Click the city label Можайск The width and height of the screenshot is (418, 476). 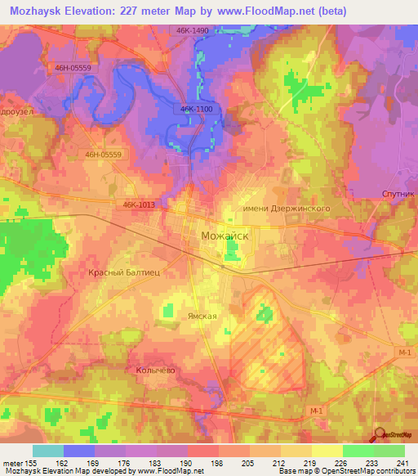225,236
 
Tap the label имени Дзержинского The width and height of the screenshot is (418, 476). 287,209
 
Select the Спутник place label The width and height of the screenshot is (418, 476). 399,194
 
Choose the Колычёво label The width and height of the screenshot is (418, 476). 152,370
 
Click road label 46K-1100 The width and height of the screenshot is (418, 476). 193,108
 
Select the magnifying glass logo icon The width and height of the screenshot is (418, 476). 380,435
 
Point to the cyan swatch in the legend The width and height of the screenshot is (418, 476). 48,451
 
